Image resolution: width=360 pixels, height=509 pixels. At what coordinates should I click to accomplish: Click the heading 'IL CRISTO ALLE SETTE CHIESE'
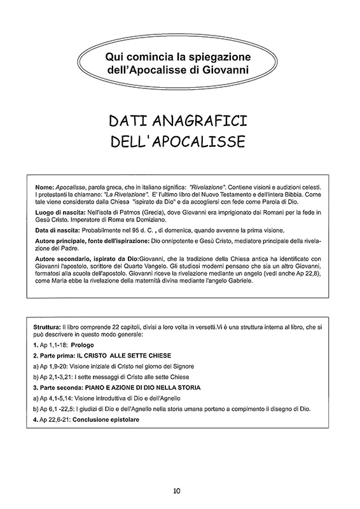point(123,355)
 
